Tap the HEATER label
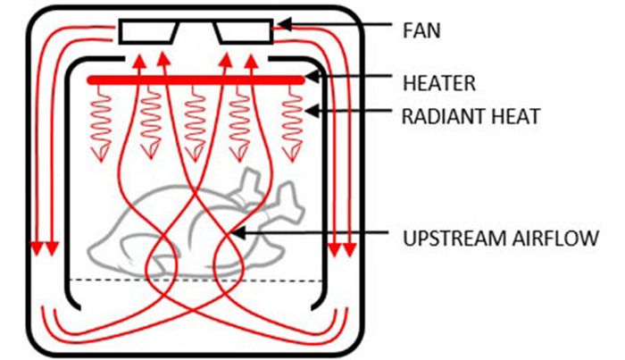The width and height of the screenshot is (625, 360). (x=438, y=83)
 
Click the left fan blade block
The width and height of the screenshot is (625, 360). (x=148, y=32)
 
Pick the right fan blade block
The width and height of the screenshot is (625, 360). (x=244, y=32)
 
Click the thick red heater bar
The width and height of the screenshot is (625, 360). (x=196, y=80)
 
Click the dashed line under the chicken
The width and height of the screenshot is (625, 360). (x=196, y=281)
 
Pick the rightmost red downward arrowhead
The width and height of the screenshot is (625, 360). (x=347, y=248)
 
